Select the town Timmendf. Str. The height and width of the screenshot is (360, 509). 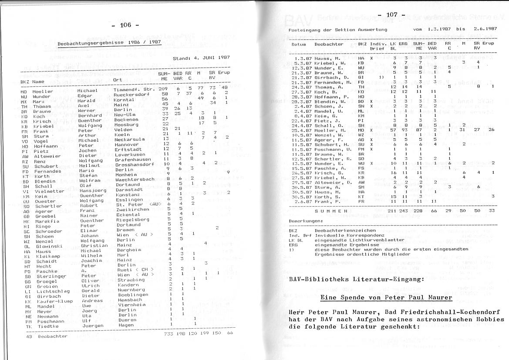tap(135, 89)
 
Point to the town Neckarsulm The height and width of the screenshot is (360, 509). tap(129, 139)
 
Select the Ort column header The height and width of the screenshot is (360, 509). tap(117, 80)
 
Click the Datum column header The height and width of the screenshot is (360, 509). tap(299, 44)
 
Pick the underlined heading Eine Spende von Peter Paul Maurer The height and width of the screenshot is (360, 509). tap(386, 298)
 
